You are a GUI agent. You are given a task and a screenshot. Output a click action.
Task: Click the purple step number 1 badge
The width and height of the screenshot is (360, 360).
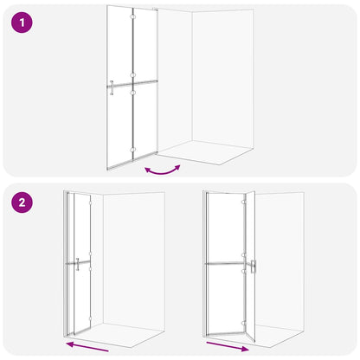[23, 23]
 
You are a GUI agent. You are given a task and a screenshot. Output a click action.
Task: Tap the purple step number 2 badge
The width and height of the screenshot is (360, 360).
[23, 205]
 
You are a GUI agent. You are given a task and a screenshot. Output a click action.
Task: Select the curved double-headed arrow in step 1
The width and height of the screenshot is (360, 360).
[164, 170]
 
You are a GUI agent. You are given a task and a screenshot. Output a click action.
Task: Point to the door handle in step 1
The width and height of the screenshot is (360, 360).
[113, 85]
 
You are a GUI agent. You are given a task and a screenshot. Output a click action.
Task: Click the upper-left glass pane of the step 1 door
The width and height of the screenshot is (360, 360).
[120, 43]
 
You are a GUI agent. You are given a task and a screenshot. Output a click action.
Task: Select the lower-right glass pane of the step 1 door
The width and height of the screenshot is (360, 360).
[145, 121]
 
